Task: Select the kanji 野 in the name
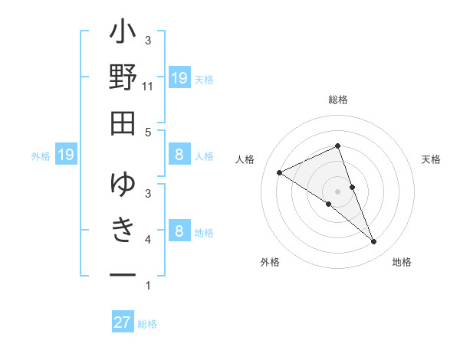pos(123,79)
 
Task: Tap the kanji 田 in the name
pos(123,123)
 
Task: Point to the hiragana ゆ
pos(123,185)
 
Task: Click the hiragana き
pos(123,229)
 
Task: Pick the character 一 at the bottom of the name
pos(123,273)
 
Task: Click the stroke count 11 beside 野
pos(148,87)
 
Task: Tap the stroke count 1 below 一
pos(148,286)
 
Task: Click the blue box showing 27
pos(123,322)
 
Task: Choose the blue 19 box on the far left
pos(65,155)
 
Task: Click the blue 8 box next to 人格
pos(179,155)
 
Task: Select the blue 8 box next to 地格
pos(179,232)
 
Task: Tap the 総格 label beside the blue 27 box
pos(147,324)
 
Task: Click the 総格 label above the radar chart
pos(338,100)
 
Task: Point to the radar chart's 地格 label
pos(402,262)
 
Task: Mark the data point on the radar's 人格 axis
pos(280,172)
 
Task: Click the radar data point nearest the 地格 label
pos(374,242)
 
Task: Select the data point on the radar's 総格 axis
pos(338,146)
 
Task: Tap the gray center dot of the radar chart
pos(338,191)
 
